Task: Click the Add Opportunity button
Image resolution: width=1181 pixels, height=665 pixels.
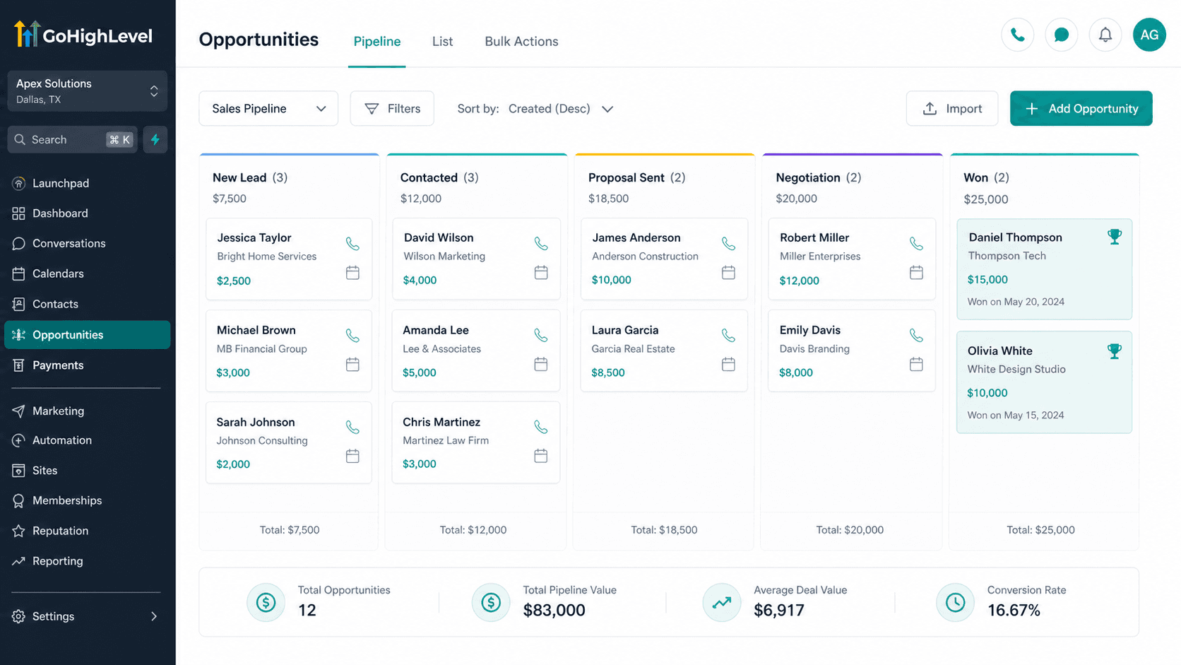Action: (x=1081, y=108)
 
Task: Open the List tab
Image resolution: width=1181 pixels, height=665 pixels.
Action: (x=442, y=41)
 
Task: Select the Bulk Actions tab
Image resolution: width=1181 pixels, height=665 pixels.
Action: (x=521, y=41)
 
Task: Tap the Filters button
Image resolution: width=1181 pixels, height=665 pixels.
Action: (x=392, y=108)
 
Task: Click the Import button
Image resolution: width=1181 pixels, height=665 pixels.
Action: (x=951, y=108)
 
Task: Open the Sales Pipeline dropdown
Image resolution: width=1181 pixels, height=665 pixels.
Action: (x=268, y=108)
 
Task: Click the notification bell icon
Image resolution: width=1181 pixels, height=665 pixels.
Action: (x=1105, y=35)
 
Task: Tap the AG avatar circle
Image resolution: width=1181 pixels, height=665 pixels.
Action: (x=1149, y=35)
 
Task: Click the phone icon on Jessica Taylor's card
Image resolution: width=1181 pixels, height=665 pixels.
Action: (x=352, y=244)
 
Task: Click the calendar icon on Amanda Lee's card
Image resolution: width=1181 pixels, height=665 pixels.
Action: (x=541, y=364)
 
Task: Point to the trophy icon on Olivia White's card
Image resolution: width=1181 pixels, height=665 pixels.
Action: (x=1114, y=351)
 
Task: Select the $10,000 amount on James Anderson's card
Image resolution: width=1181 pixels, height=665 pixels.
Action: (x=611, y=280)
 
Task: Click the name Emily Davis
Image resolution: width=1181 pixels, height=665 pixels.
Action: (x=810, y=330)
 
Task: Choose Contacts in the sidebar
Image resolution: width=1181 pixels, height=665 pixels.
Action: (x=55, y=304)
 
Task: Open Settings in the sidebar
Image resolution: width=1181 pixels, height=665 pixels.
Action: (x=53, y=616)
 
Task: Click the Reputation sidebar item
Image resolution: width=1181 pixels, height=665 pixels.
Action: (x=60, y=531)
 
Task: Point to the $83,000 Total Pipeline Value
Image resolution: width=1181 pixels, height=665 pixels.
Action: (x=554, y=610)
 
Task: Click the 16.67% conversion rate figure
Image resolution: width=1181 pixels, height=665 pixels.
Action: (x=1014, y=610)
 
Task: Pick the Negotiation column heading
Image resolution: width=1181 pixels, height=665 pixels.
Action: (x=808, y=177)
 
